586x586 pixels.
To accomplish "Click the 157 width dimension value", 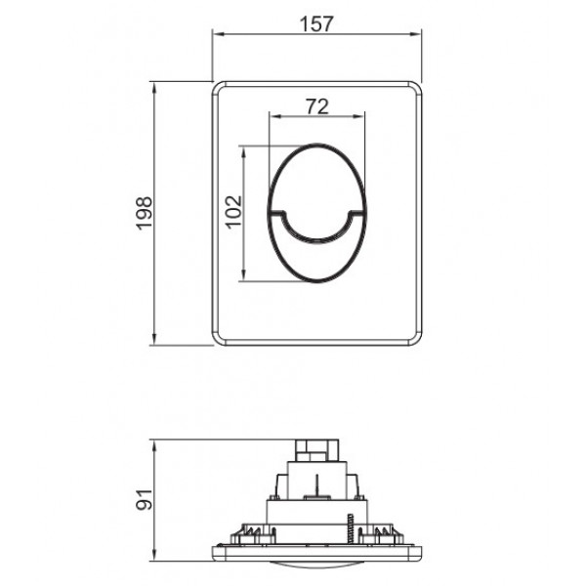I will [317, 25].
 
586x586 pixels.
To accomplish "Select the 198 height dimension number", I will [144, 212].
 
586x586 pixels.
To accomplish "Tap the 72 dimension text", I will [316, 106].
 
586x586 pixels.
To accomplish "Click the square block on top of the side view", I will [317, 451].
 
